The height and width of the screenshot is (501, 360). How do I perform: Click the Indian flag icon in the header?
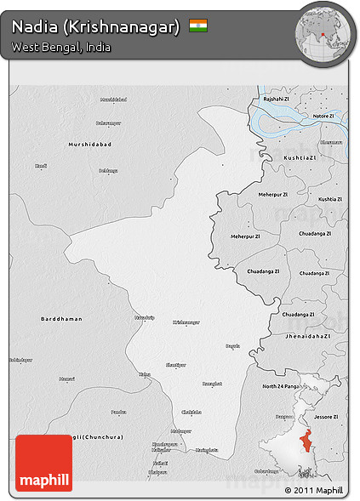[x=198, y=26]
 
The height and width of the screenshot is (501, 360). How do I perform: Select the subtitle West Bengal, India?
[x=61, y=47]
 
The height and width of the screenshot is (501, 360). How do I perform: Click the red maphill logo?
[x=43, y=463]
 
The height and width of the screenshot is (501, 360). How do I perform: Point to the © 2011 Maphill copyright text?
[x=314, y=491]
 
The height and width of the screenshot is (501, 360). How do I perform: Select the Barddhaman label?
[x=62, y=319]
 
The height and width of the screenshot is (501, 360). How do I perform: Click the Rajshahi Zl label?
[x=277, y=100]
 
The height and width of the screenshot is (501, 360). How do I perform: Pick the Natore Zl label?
[x=323, y=116]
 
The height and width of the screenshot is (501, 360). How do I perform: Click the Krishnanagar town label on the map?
[x=186, y=322]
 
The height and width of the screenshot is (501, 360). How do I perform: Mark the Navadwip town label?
[x=145, y=317]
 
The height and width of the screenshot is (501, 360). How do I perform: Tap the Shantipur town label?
[x=175, y=364]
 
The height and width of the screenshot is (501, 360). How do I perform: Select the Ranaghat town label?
[x=212, y=384]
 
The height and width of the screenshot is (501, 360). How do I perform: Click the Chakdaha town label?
[x=191, y=413]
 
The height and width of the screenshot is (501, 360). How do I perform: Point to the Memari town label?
[x=67, y=379]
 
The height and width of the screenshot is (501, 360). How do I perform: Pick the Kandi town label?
[x=41, y=166]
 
